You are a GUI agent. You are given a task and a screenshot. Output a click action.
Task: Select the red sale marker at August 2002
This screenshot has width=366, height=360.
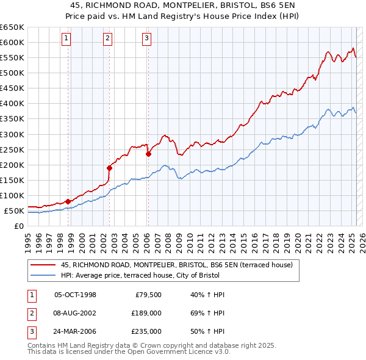109,168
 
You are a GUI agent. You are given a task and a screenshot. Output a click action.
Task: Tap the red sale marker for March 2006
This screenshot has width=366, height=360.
148,154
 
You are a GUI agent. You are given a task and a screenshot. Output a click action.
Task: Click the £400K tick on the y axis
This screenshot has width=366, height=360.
12,103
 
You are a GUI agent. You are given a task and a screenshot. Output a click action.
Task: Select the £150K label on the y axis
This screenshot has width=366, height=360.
12,180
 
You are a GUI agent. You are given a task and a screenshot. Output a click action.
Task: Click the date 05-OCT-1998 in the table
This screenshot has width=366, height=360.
76,295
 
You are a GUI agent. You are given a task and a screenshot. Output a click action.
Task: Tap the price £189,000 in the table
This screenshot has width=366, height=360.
147,313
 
